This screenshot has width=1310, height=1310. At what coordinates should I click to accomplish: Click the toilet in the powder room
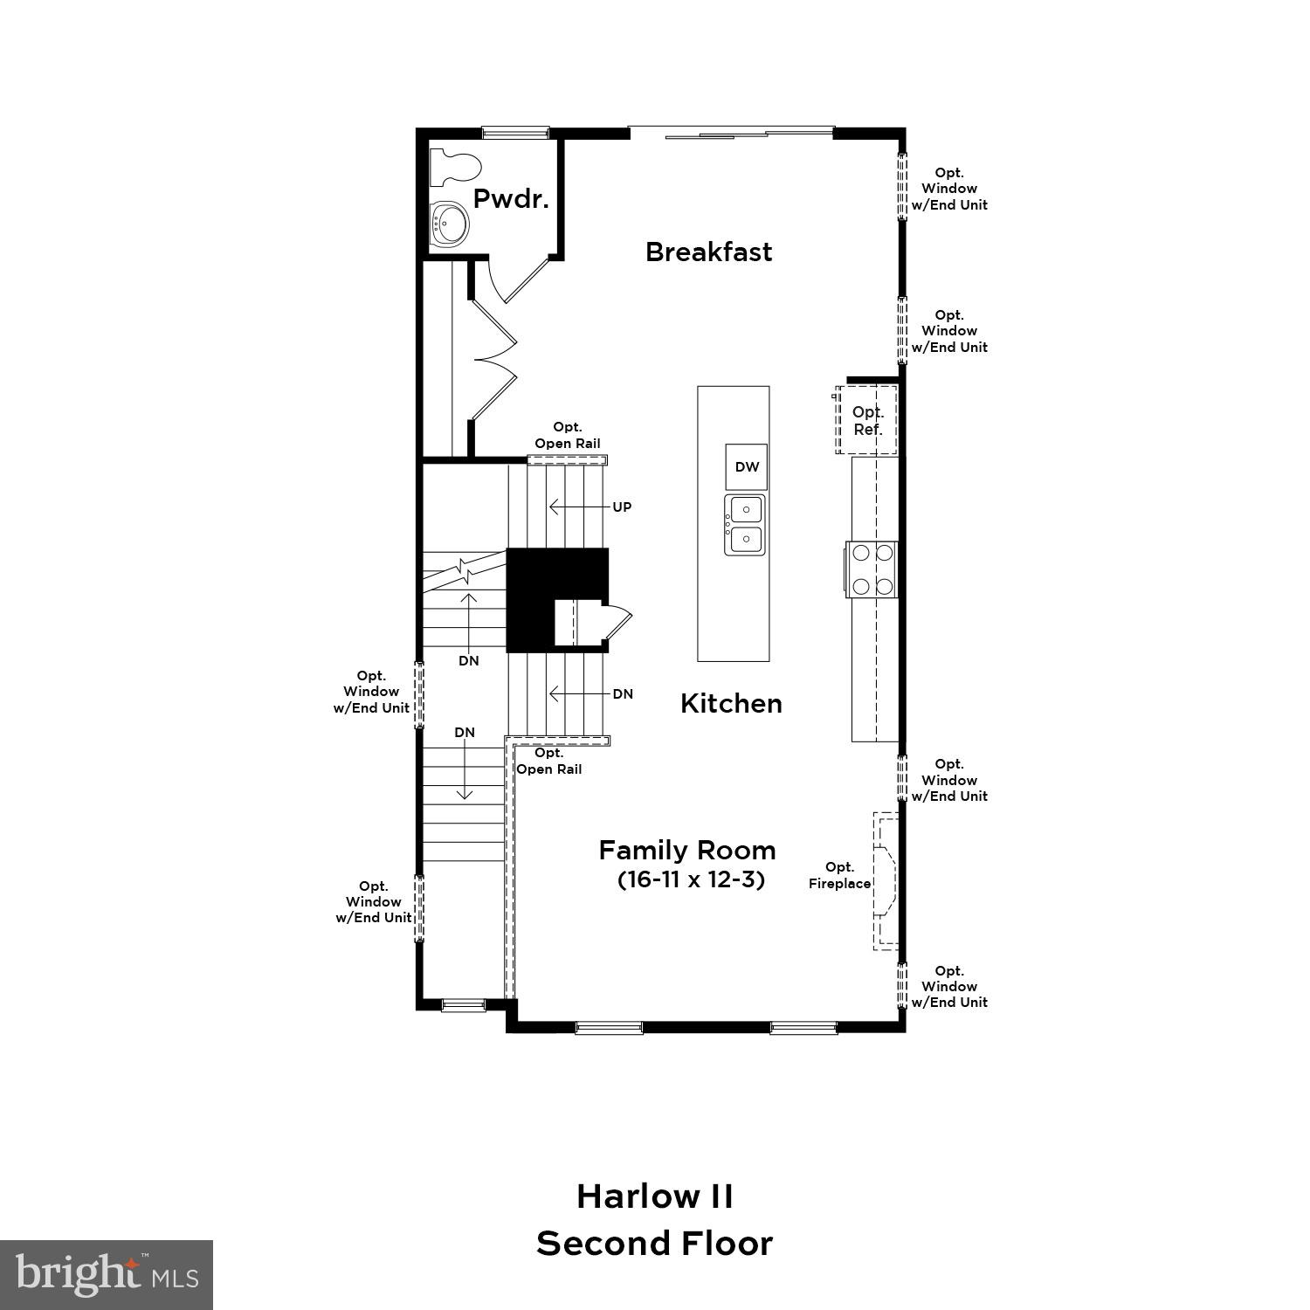(x=457, y=168)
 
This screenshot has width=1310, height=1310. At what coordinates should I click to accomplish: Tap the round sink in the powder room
(x=450, y=224)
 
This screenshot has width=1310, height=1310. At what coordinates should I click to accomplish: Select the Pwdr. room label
(x=511, y=199)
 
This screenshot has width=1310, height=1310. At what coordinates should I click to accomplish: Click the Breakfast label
(x=708, y=252)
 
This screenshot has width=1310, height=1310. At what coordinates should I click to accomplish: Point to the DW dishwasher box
(x=747, y=467)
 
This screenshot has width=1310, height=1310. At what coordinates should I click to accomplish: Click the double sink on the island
(x=746, y=524)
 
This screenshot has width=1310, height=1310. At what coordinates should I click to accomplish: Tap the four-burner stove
(x=872, y=569)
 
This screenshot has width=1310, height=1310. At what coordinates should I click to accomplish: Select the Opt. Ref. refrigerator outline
(x=867, y=420)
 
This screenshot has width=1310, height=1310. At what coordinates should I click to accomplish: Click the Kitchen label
(x=731, y=704)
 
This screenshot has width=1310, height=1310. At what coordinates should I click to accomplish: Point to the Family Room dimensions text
(x=691, y=879)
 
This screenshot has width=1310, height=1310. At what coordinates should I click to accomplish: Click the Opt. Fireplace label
(x=839, y=875)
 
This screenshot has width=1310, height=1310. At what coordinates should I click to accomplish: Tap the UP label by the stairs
(x=622, y=507)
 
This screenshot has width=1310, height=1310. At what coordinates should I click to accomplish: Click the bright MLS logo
(x=107, y=1275)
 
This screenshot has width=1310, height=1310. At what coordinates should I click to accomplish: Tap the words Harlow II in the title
(x=655, y=1196)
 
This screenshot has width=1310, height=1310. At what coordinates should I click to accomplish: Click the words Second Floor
(x=655, y=1244)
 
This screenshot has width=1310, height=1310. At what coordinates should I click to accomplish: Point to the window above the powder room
(x=516, y=133)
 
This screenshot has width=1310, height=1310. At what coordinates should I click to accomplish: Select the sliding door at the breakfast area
(x=732, y=133)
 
